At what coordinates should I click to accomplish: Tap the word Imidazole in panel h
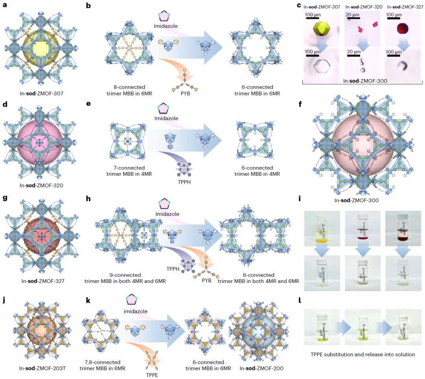(167, 213)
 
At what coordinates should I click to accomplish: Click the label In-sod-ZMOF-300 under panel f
(357, 200)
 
